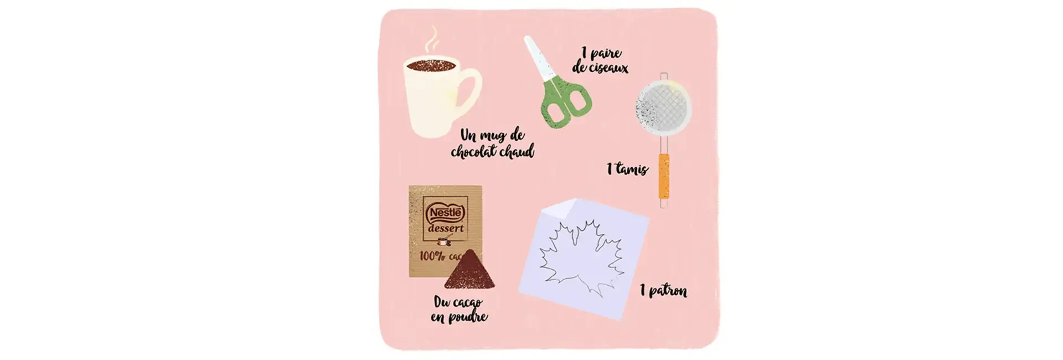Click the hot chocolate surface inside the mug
pyautogui.click(x=431, y=65)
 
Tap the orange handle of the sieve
pyautogui.click(x=663, y=176)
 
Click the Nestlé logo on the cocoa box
pyautogui.click(x=445, y=212)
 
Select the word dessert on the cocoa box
pyautogui.click(x=446, y=228)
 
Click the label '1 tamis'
pyautogui.click(x=627, y=168)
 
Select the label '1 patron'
pyautogui.click(x=663, y=291)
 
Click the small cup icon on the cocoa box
pyautogui.click(x=443, y=241)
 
